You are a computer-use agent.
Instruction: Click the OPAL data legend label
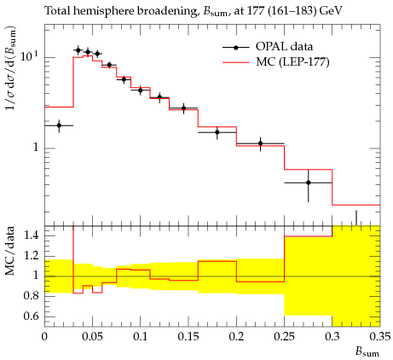[284, 46]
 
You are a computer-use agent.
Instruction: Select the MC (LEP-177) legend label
[292, 61]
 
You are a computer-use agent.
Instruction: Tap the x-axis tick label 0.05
[92, 337]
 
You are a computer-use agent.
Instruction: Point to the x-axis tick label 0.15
[188, 337]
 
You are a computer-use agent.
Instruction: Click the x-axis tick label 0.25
[285, 337]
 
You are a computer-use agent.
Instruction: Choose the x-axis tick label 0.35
[380, 337]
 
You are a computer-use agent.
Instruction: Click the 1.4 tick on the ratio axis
[31, 235]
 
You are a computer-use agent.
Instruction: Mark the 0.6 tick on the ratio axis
[31, 316]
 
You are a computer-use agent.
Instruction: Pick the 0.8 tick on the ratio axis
[31, 296]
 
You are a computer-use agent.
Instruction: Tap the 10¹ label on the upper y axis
[30, 56]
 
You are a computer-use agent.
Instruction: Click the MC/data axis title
[10, 251]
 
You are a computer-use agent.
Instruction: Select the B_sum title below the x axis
[367, 351]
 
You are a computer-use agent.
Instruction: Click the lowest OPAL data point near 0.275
[309, 183]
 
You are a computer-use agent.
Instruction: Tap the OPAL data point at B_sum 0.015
[59, 125]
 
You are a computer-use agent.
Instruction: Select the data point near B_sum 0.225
[260, 143]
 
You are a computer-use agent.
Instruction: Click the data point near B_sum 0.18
[217, 132]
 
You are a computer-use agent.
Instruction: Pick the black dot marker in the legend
[235, 47]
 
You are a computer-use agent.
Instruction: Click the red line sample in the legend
[235, 62]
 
